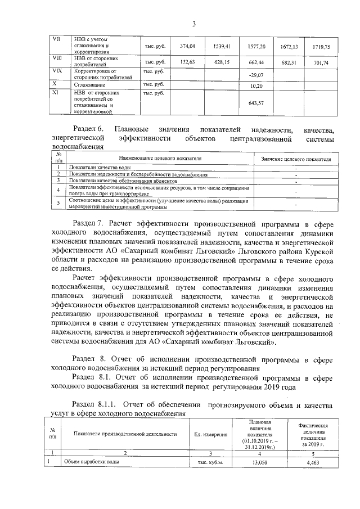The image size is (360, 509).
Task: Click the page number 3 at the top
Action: tap(193, 24)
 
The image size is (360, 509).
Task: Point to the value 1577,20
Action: tap(256, 46)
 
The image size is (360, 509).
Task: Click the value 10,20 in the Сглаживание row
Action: tap(256, 85)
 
